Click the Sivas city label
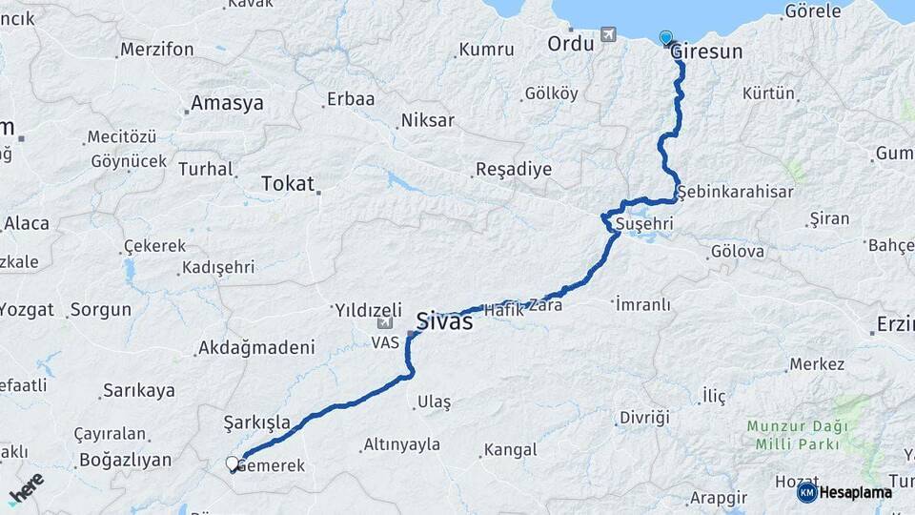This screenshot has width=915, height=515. [444, 321]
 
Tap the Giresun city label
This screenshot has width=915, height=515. [705, 52]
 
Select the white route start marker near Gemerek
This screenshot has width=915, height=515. [232, 463]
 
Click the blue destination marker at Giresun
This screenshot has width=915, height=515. [665, 38]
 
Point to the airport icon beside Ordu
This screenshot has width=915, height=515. [608, 35]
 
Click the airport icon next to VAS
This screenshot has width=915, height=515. [385, 322]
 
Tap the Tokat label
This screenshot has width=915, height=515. [287, 184]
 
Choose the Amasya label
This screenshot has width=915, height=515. [227, 103]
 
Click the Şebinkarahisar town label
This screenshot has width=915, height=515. [736, 192]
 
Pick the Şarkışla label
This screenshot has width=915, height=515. [256, 422]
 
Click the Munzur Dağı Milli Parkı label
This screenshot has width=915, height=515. [793, 435]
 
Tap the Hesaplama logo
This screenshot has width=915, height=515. [844, 492]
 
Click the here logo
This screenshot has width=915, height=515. [26, 488]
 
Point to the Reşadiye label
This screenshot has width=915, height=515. [513, 170]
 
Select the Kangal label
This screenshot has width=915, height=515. [510, 449]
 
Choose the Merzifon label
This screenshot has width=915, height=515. [157, 50]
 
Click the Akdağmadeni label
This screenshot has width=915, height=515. [255, 349]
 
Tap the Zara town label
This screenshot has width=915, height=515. [546, 307]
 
